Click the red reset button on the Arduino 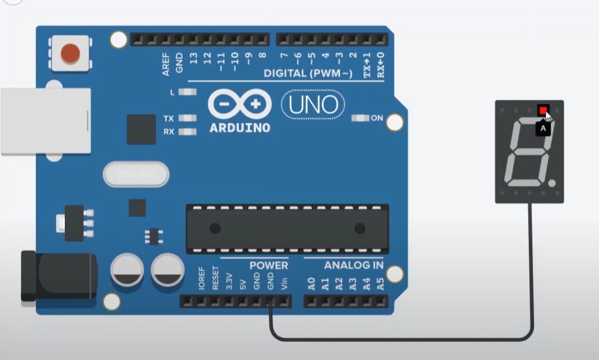(70, 54)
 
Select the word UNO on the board (313, 104)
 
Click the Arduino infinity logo (240, 104)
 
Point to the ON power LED (360, 118)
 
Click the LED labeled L (188, 92)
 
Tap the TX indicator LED (188, 118)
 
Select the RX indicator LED (188, 132)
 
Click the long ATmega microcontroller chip (287, 228)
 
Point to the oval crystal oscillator (136, 175)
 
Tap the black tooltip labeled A (543, 129)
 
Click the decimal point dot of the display (552, 184)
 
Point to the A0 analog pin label (312, 284)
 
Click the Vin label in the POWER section (284, 284)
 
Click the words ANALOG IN (353, 265)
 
